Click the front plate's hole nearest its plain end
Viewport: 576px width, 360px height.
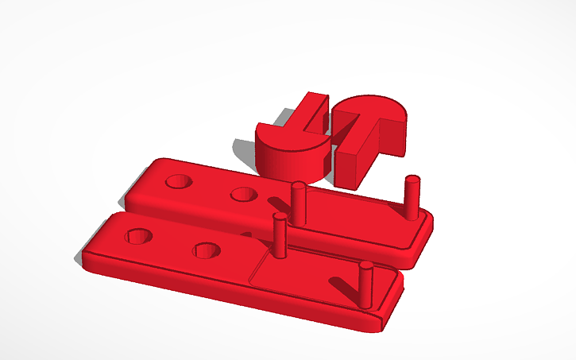tap(138, 236)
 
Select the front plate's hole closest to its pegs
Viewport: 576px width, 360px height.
tap(207, 250)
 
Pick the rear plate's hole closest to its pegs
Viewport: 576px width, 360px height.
tap(242, 193)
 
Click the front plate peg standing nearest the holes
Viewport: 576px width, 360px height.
tap(279, 235)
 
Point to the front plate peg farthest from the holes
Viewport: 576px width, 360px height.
tap(365, 285)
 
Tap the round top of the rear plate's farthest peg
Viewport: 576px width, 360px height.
tap(412, 179)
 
